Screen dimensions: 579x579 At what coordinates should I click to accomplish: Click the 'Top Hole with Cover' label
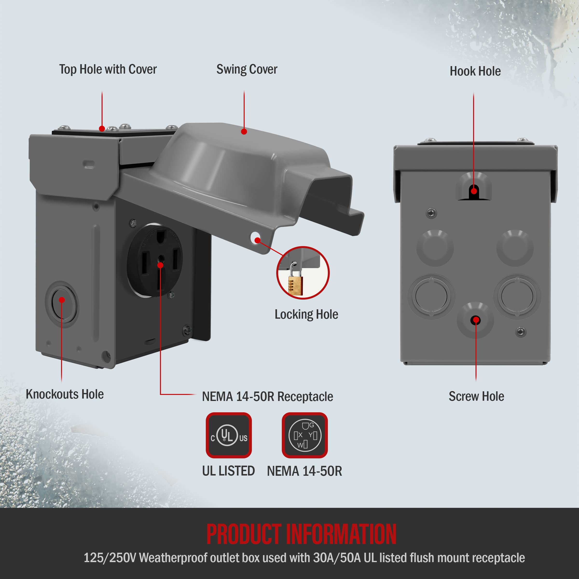click(x=108, y=69)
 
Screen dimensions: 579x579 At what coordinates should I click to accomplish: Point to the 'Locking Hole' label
click(x=306, y=314)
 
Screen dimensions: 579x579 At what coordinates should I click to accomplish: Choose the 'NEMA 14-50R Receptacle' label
click(x=267, y=396)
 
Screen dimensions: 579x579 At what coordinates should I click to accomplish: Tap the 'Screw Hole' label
click(x=476, y=396)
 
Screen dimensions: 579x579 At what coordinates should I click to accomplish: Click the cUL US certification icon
click(x=229, y=435)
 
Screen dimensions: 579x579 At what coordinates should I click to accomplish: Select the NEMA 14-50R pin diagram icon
click(x=304, y=435)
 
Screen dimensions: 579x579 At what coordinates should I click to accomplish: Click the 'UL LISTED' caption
click(x=228, y=471)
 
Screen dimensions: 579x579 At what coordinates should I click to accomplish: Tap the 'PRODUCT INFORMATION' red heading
click(x=301, y=534)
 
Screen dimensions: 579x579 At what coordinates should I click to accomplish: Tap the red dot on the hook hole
click(x=474, y=191)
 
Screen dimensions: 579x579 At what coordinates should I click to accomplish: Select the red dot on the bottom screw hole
click(x=476, y=320)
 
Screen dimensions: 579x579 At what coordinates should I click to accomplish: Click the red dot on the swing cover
click(x=244, y=131)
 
